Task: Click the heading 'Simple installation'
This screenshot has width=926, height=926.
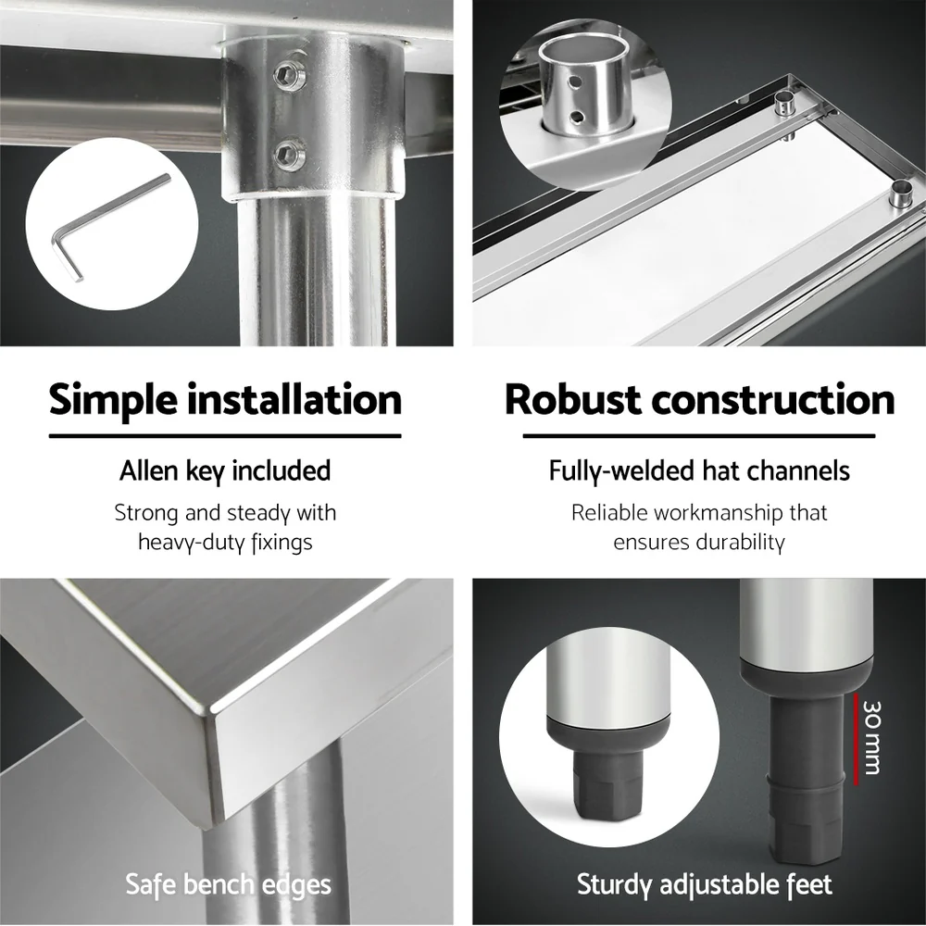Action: click(x=225, y=400)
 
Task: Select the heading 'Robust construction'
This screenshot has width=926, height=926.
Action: click(x=699, y=400)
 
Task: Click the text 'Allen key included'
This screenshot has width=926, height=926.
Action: click(x=225, y=470)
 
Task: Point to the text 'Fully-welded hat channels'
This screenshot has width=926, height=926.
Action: click(x=699, y=470)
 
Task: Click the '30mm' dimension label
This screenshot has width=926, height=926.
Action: click(x=870, y=736)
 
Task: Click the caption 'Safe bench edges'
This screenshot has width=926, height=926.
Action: click(x=228, y=884)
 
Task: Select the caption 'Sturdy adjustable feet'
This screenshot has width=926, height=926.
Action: click(x=704, y=884)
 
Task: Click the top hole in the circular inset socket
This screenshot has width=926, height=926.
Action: click(x=576, y=81)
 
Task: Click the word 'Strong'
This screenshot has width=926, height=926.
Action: click(x=141, y=513)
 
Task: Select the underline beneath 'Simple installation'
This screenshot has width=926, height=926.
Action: click(x=225, y=436)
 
